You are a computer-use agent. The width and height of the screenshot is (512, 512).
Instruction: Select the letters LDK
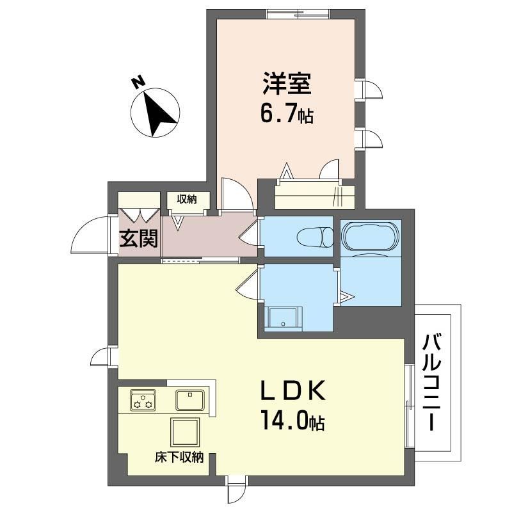pyautogui.click(x=293, y=390)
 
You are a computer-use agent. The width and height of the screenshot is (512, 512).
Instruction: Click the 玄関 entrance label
pyautogui.click(x=138, y=238)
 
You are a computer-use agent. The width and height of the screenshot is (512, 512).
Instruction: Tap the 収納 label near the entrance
pyautogui.click(x=187, y=199)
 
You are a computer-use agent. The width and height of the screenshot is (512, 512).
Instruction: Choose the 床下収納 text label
pyautogui.click(x=179, y=457)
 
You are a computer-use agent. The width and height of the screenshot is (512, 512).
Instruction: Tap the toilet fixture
pyautogui.click(x=315, y=236)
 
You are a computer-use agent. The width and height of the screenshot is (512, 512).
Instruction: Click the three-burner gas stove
pyautogui.click(x=143, y=399)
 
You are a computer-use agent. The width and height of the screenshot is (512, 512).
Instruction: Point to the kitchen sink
pyautogui.click(x=190, y=399)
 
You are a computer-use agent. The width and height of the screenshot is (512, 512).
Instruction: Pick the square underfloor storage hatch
pyautogui.click(x=185, y=433)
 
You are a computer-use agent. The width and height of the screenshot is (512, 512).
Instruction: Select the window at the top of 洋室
pyautogui.click(x=298, y=14)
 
